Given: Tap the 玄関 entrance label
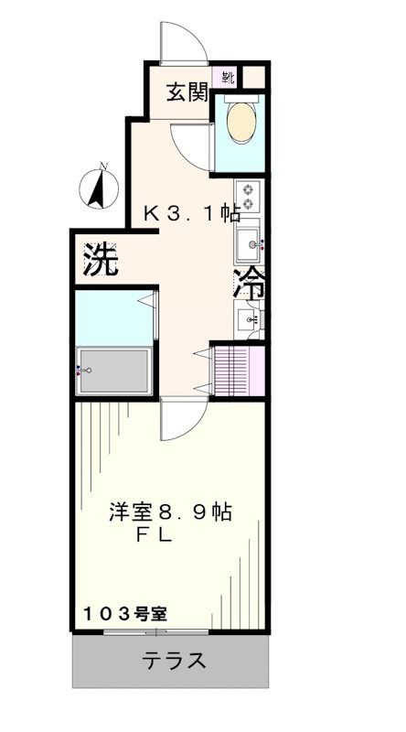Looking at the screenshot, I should click(187, 91).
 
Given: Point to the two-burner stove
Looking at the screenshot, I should click(248, 199).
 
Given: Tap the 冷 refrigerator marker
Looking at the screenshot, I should click(249, 283).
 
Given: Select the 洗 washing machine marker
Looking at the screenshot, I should click(101, 261).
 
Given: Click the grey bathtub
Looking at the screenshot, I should click(115, 370).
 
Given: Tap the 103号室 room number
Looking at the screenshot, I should click(127, 614).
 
